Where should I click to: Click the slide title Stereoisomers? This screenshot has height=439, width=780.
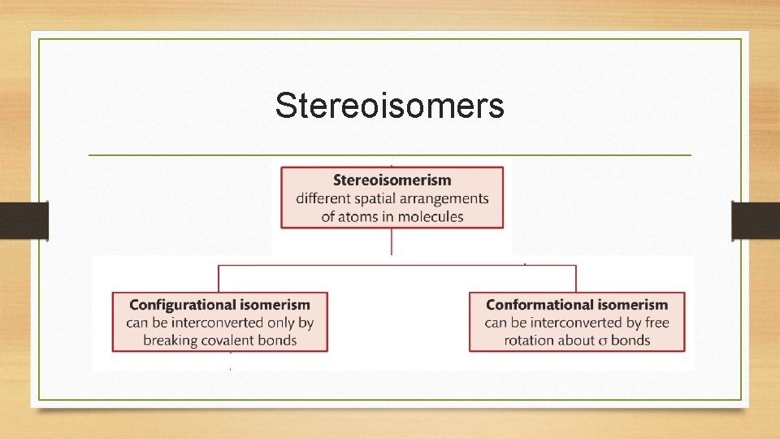(x=389, y=106)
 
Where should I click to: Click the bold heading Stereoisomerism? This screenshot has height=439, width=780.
(x=392, y=180)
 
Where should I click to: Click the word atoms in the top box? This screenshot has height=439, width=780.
(x=357, y=216)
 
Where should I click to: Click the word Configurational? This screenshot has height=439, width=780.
(x=182, y=305)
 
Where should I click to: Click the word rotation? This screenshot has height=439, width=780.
(x=530, y=341)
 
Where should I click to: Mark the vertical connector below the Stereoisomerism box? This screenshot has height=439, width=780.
(x=392, y=242)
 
